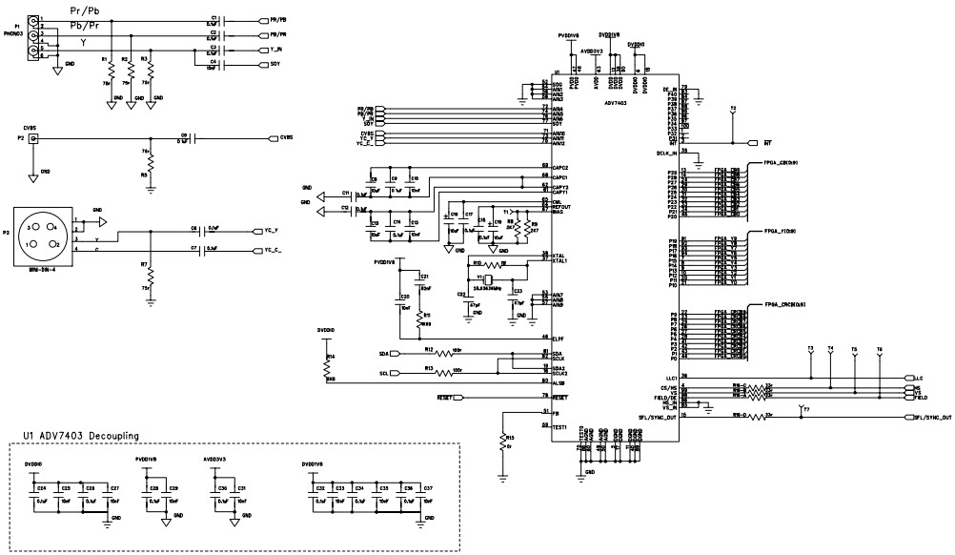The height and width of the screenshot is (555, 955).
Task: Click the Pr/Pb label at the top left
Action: (x=84, y=10)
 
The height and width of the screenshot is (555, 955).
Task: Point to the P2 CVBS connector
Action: (x=34, y=139)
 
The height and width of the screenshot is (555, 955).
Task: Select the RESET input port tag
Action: (x=448, y=396)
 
